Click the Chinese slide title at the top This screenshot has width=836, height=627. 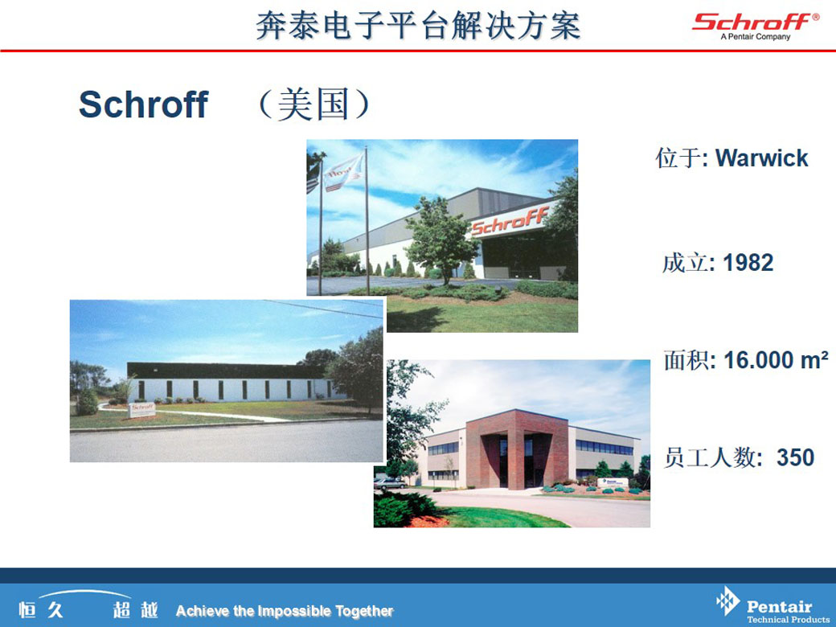pyautogui.click(x=419, y=26)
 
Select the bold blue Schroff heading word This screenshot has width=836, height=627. pyautogui.click(x=143, y=104)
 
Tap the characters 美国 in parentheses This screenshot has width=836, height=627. pyautogui.click(x=313, y=104)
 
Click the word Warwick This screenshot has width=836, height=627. pyautogui.click(x=761, y=158)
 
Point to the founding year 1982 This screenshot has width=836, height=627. pyautogui.click(x=748, y=262)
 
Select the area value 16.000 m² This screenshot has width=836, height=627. pyautogui.click(x=776, y=360)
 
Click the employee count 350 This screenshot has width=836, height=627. pyautogui.click(x=796, y=457)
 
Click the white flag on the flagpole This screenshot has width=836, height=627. pyautogui.click(x=344, y=171)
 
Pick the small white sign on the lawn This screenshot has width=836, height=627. pyautogui.click(x=141, y=409)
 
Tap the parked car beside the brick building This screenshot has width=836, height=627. pyautogui.click(x=390, y=484)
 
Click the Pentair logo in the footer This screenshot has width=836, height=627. pyautogui.click(x=772, y=606)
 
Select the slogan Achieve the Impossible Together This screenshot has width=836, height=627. pyautogui.click(x=285, y=610)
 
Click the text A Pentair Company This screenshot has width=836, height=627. pyautogui.click(x=755, y=37)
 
